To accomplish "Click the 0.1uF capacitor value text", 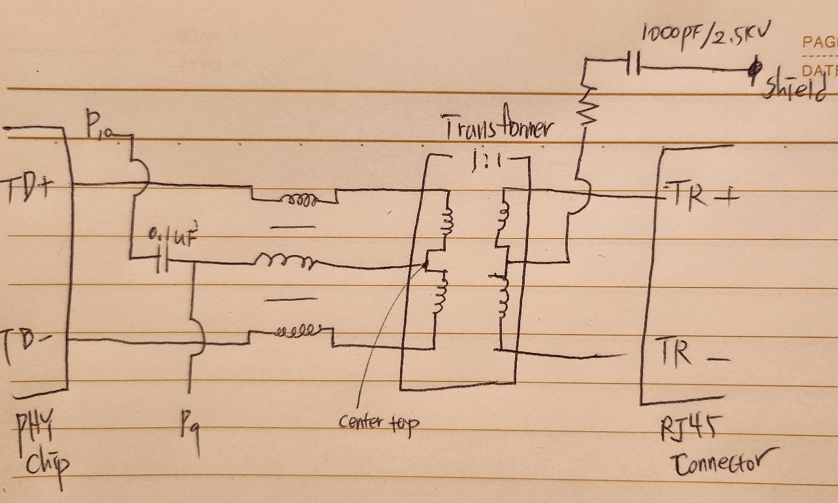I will coord(168,235).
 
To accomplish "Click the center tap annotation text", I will coord(379,422).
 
